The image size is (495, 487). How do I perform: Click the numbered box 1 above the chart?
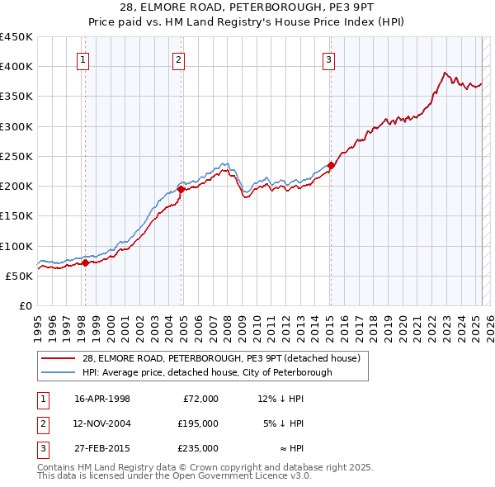84,59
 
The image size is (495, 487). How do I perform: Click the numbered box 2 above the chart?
178,59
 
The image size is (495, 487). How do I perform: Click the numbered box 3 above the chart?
328,59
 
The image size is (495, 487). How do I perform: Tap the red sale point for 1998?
85,262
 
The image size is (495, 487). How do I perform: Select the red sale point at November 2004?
181,189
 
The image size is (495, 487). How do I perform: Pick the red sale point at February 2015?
331,165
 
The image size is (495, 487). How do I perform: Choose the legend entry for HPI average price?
206,372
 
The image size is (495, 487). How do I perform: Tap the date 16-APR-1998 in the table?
102,399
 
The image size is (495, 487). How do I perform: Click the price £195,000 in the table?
198,423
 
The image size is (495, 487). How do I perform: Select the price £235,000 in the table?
198,448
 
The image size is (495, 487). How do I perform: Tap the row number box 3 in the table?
42,448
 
